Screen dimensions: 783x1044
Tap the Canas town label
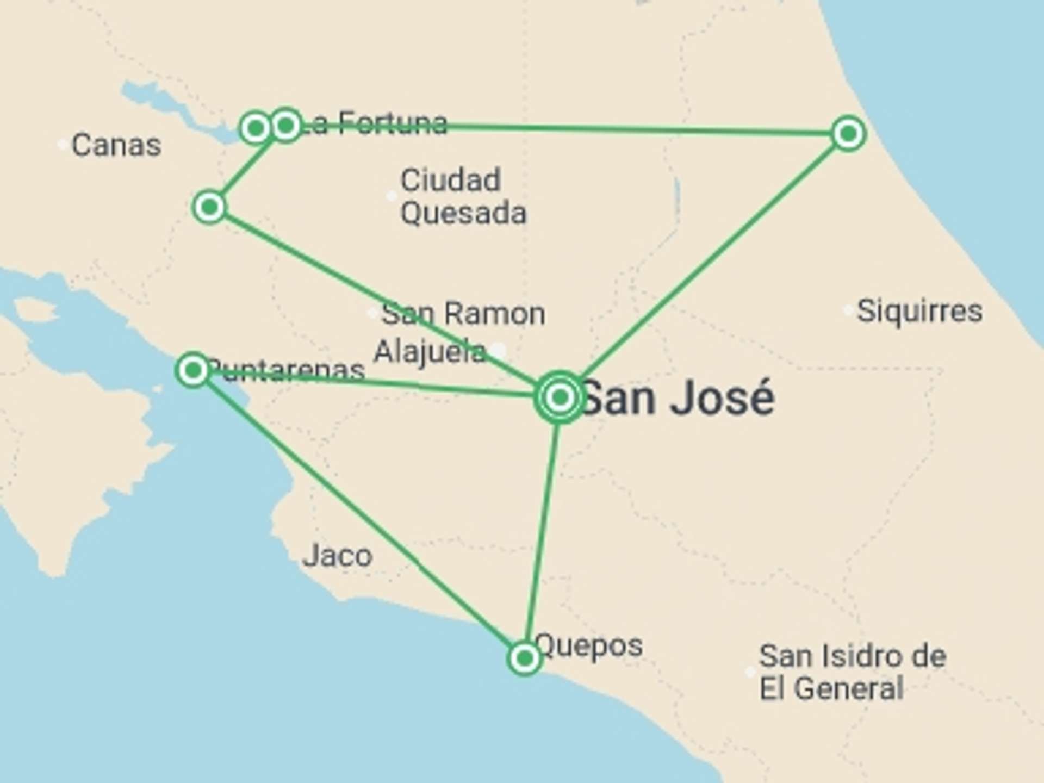(116, 145)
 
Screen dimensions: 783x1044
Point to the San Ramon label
(463, 314)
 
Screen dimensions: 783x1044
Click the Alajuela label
(430, 352)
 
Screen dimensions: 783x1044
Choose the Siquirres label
(919, 311)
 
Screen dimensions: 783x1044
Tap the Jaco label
(337, 556)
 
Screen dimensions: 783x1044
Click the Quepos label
(589, 645)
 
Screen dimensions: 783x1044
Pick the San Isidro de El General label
(852, 672)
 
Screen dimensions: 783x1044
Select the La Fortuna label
(375, 123)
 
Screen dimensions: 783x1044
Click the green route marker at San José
(560, 397)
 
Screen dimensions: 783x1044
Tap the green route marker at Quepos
(525, 658)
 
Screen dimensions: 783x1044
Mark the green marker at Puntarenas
(193, 370)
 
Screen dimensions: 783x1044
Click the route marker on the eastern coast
(848, 133)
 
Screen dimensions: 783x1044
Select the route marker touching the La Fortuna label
(286, 126)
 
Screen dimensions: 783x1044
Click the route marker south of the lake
(209, 207)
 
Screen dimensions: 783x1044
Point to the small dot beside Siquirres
(848, 310)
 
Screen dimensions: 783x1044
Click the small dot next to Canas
(63, 145)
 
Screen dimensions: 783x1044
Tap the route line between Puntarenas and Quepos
(359, 514)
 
